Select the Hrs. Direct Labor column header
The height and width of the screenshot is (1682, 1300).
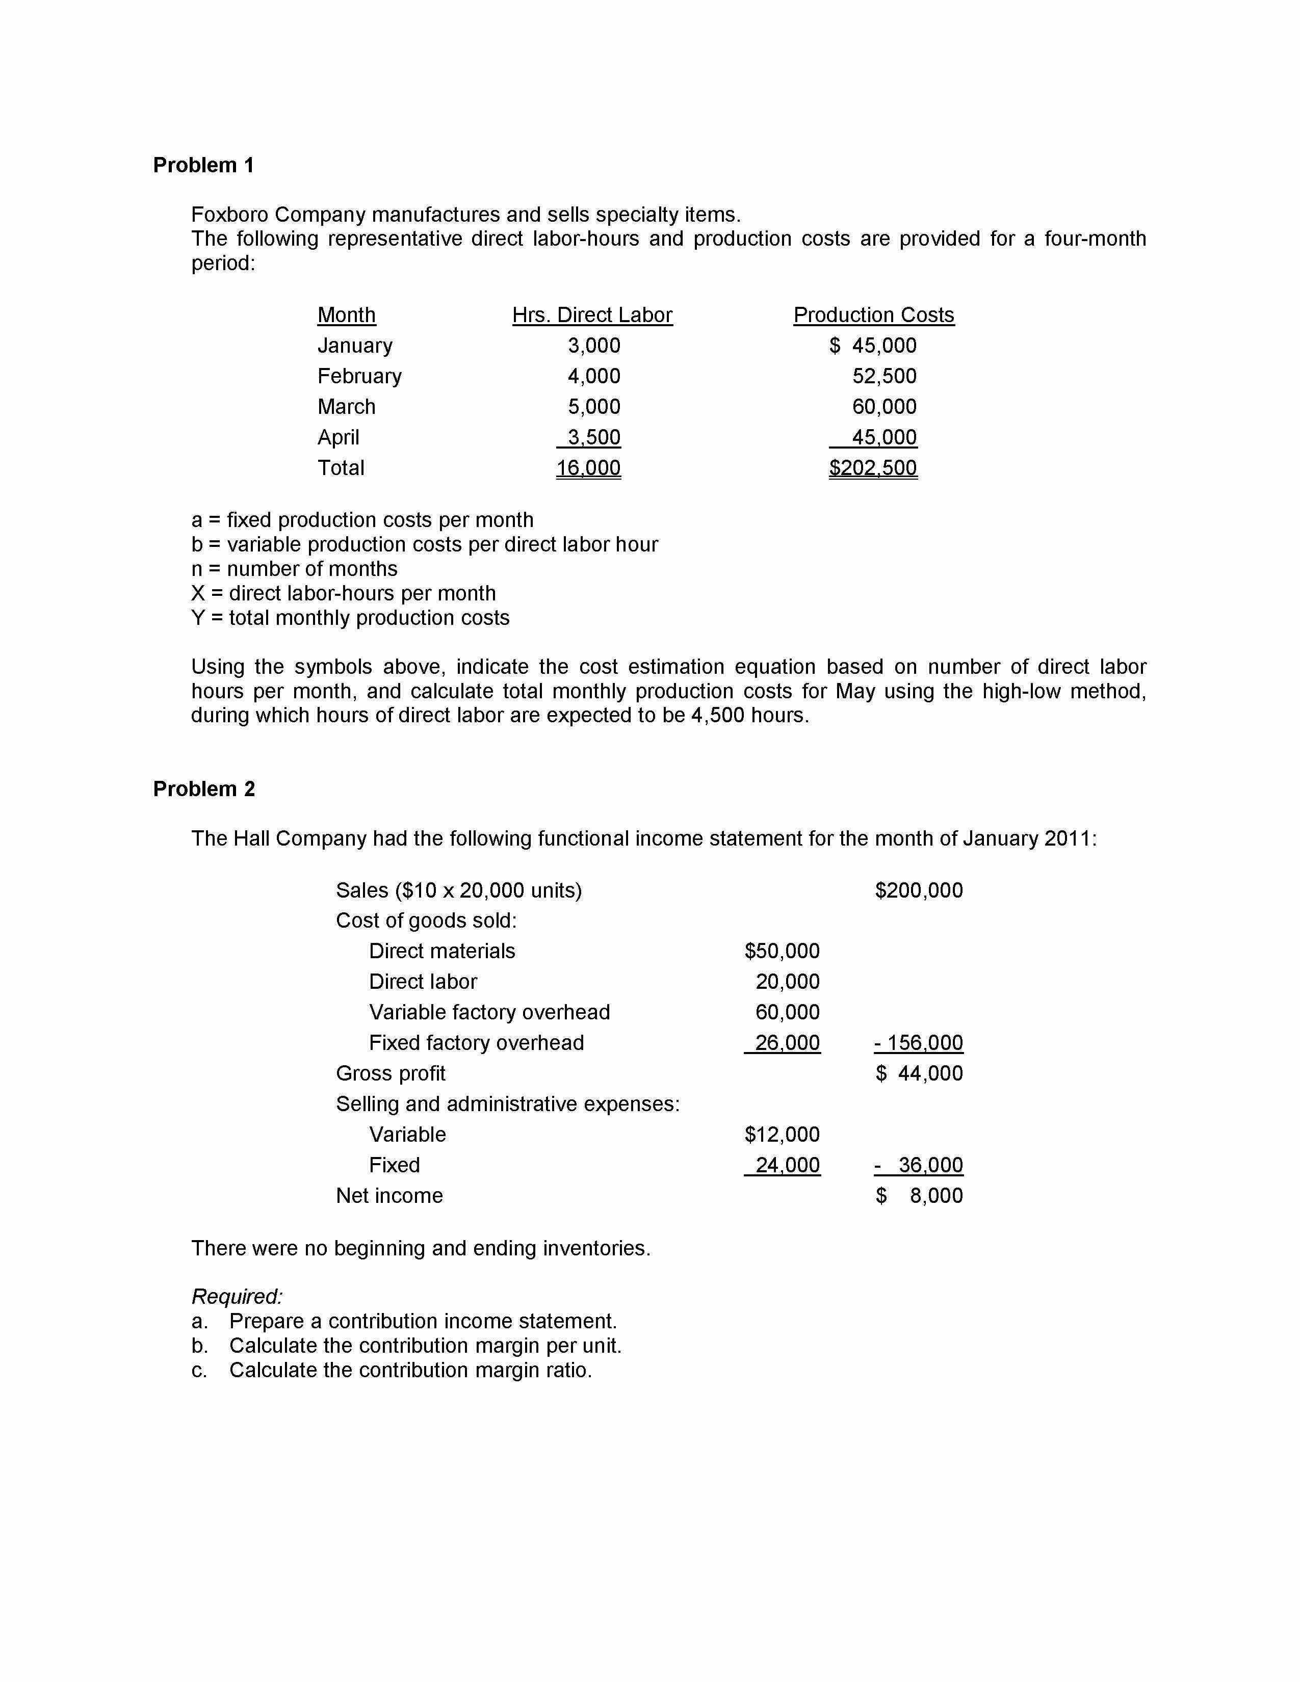[x=592, y=315]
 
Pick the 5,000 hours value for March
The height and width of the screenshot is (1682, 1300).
[x=594, y=407]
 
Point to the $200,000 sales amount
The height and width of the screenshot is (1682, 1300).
[x=919, y=890]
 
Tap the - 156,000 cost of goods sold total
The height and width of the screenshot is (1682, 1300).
[x=919, y=1043]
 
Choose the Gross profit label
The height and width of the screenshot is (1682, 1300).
[x=391, y=1073]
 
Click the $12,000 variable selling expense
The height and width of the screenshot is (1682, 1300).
[x=782, y=1135]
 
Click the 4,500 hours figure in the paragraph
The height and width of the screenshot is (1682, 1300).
[x=717, y=716]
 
